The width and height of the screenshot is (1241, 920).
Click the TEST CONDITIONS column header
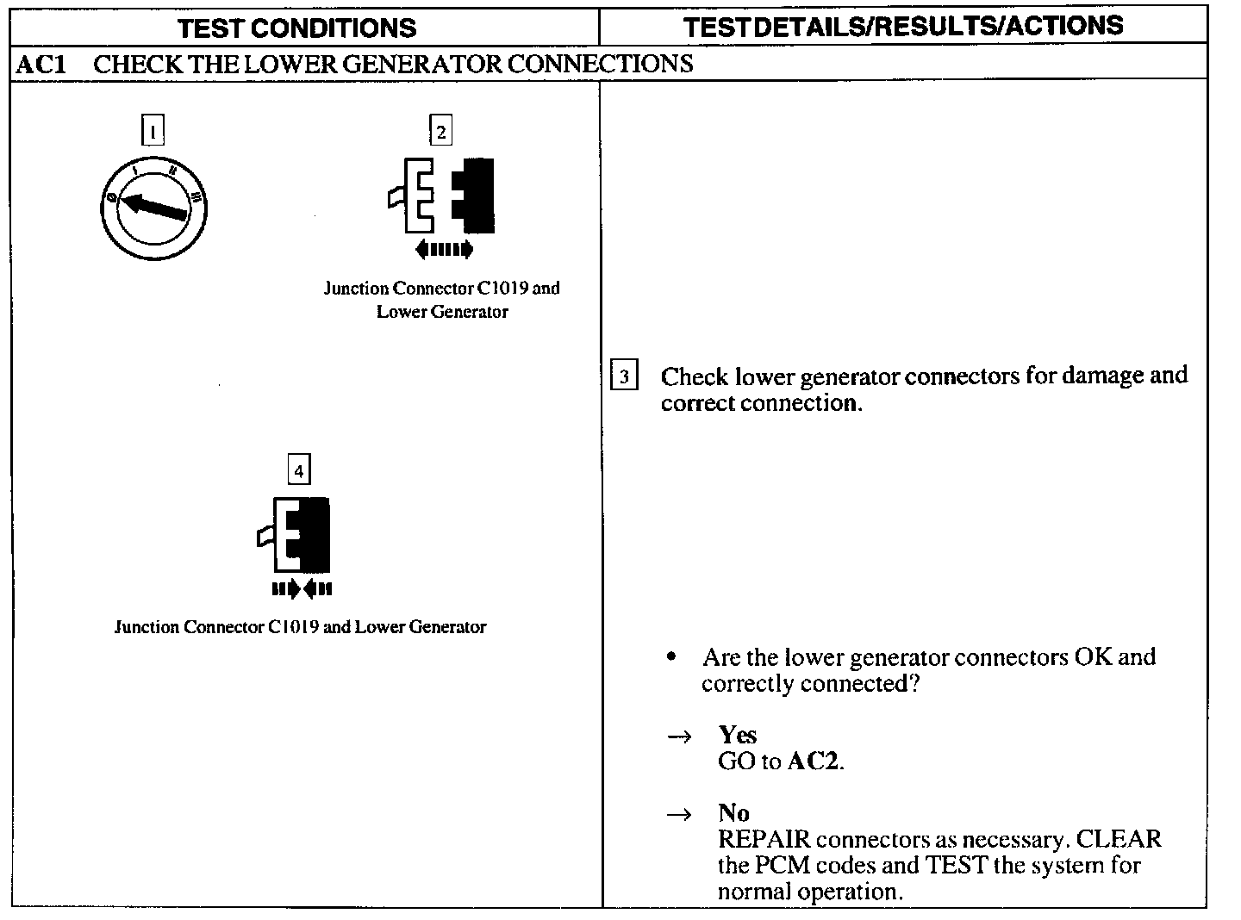pyautogui.click(x=297, y=28)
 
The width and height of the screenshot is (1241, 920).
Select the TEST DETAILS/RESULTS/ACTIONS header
pyautogui.click(x=903, y=26)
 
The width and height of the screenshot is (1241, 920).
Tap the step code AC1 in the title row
pyautogui.click(x=41, y=64)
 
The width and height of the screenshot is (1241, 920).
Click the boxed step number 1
pyautogui.click(x=153, y=131)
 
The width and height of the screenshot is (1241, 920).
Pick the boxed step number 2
pyautogui.click(x=440, y=131)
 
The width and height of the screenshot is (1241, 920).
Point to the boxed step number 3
pyautogui.click(x=624, y=376)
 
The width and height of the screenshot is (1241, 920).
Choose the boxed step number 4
pyautogui.click(x=298, y=470)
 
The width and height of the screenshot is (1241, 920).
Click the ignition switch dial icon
pyautogui.click(x=153, y=208)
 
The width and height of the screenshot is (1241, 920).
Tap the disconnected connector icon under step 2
pyautogui.click(x=441, y=196)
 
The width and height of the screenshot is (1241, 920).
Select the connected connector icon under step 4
pyautogui.click(x=297, y=535)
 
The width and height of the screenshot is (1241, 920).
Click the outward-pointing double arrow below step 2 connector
pyautogui.click(x=444, y=250)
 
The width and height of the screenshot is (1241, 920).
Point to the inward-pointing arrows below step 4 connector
pyautogui.click(x=301, y=589)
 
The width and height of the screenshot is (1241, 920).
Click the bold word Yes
pyautogui.click(x=738, y=735)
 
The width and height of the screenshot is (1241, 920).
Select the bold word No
pyautogui.click(x=733, y=812)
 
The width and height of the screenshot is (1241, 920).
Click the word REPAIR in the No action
pyautogui.click(x=764, y=839)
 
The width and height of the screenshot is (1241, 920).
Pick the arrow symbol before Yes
pyautogui.click(x=680, y=737)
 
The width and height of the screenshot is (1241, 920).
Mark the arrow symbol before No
pyautogui.click(x=680, y=814)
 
